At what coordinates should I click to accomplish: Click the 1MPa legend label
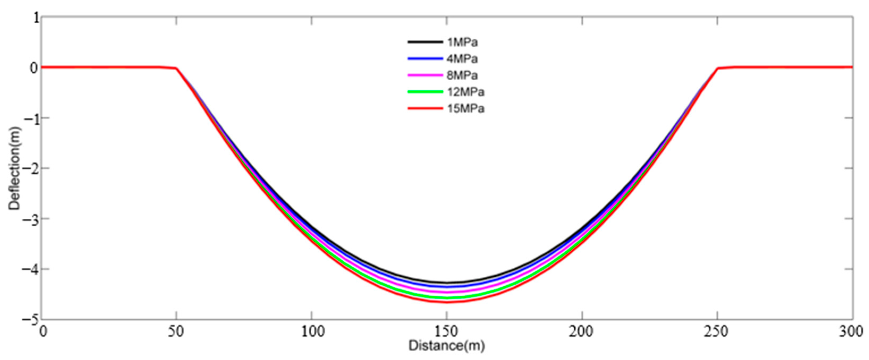click(462, 42)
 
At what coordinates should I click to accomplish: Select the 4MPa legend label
click(462, 59)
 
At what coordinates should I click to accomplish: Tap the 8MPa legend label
click(462, 75)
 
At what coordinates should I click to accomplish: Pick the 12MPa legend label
click(465, 92)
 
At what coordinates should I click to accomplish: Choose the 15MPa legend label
click(465, 109)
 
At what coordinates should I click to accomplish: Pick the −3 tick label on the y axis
click(30, 219)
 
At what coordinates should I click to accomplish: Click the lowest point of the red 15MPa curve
click(447, 302)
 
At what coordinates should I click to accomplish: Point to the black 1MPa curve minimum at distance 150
click(447, 282)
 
